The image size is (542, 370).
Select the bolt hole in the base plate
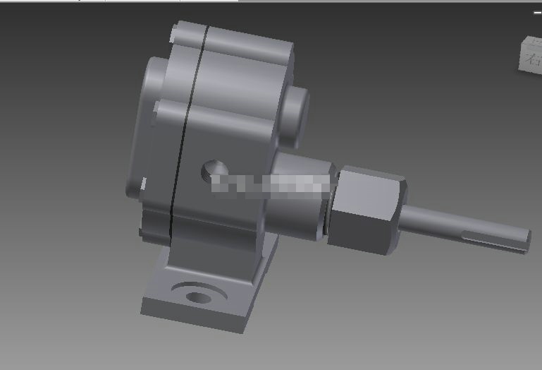pyautogui.click(x=200, y=297)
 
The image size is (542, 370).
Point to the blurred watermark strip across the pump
pyautogui.click(x=271, y=184)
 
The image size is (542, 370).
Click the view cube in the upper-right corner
pyautogui.click(x=531, y=53)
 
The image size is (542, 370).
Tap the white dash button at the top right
pyautogui.click(x=536, y=12)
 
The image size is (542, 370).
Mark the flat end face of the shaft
pyautogui.click(x=526, y=241)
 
